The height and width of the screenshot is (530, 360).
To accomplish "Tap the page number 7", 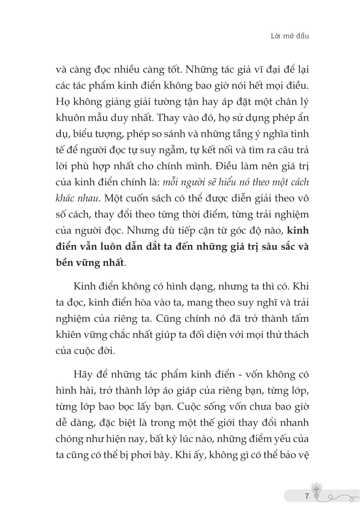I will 307,496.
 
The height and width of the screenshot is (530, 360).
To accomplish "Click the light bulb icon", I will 317,491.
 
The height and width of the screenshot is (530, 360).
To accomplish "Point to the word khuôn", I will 70,118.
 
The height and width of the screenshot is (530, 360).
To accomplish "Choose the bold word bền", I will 65,263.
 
